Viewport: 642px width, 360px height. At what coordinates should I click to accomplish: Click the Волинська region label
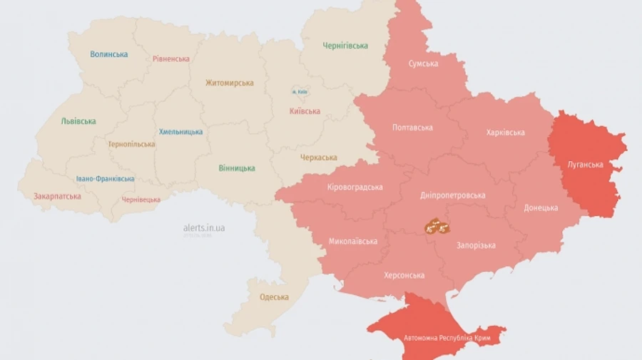click(109, 54)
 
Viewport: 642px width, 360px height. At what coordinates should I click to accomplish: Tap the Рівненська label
click(171, 58)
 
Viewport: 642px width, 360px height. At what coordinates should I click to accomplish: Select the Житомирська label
click(229, 83)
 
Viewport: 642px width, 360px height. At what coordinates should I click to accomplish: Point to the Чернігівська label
click(345, 46)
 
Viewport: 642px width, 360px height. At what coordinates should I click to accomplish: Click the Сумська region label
click(423, 64)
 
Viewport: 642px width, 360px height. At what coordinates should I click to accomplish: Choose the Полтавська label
click(412, 128)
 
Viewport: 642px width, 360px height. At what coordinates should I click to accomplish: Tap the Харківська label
click(505, 133)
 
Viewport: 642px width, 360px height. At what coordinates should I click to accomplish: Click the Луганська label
click(585, 165)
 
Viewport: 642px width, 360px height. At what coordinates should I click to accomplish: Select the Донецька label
click(541, 207)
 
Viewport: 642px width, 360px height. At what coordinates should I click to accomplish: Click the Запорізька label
click(476, 245)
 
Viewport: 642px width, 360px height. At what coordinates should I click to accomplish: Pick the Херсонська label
click(404, 275)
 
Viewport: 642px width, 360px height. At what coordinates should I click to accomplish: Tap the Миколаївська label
click(353, 241)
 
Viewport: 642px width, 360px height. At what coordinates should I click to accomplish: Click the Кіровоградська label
click(355, 187)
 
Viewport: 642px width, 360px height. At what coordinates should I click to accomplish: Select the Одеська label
click(275, 297)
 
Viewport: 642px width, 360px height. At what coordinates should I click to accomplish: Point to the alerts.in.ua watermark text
click(204, 227)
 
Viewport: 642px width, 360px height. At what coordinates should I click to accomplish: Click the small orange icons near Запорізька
click(437, 227)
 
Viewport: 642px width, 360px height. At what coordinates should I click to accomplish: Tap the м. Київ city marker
click(299, 92)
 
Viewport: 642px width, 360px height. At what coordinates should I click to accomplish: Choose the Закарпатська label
click(57, 196)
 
